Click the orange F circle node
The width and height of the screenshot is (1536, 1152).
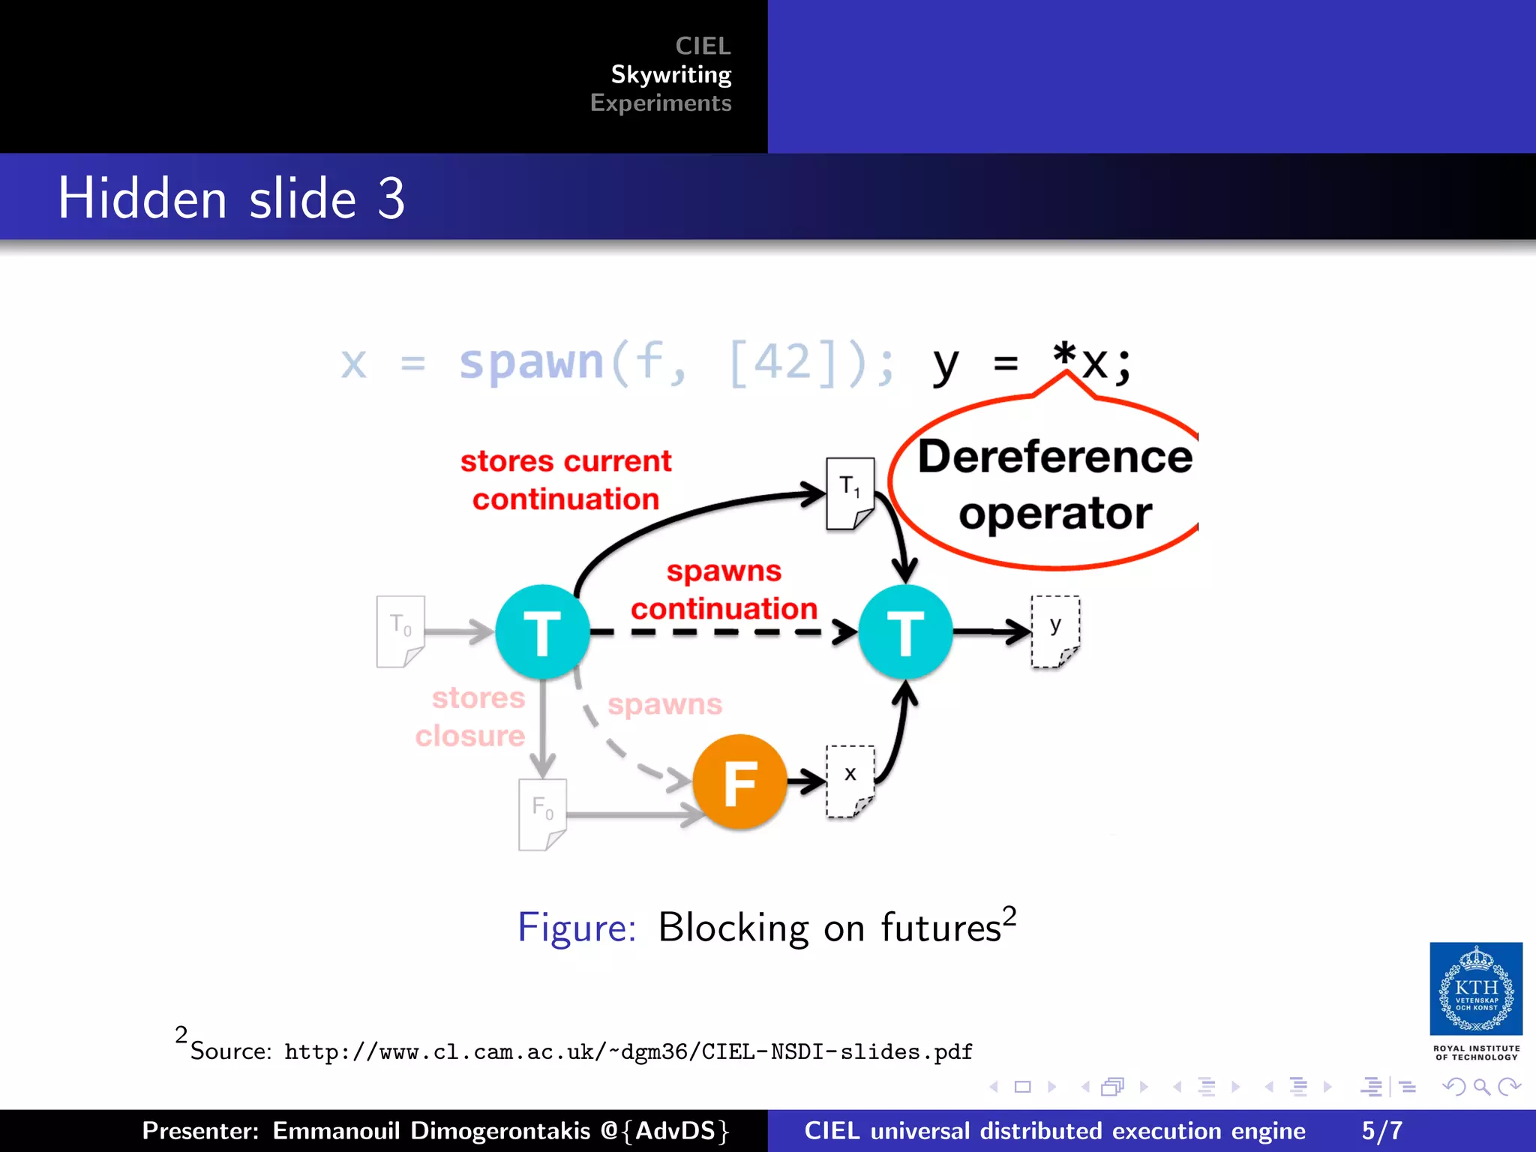pos(739,781)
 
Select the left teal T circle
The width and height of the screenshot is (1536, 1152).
pos(542,631)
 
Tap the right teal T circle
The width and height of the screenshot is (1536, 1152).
pos(905,631)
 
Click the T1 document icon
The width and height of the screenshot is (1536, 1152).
pos(850,493)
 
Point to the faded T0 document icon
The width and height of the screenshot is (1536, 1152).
pos(400,631)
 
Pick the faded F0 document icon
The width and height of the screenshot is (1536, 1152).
pos(542,814)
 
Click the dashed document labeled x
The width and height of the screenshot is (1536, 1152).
pos(850,781)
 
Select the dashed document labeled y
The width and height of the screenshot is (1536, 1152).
pos(1055,631)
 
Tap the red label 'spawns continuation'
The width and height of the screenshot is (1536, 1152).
pos(724,589)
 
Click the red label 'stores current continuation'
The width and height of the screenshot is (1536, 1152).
pos(565,480)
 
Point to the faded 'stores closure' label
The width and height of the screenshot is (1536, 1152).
pos(471,717)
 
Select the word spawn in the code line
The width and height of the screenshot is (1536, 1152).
pos(531,363)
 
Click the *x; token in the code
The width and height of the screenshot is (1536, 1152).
pos(1091,363)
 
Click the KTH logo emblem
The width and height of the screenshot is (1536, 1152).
pos(1475,988)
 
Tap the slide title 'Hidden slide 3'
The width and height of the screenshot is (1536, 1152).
pos(231,198)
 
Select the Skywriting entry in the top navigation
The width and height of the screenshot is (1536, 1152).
pos(670,74)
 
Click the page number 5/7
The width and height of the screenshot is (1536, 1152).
pos(1381,1130)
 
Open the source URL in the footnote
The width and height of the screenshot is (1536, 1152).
pos(628,1051)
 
